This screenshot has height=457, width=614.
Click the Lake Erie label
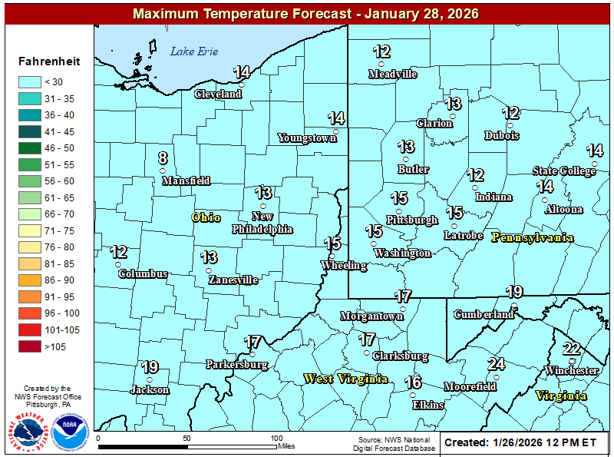coord(194,51)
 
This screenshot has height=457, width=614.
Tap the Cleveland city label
coord(218,94)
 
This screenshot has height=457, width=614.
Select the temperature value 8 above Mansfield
coord(163,158)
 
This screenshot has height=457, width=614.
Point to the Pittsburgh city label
coord(411,220)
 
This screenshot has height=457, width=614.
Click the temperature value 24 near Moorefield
coord(497,364)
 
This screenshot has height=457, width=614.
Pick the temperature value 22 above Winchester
coord(571,349)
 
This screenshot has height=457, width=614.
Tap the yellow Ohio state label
coord(206,217)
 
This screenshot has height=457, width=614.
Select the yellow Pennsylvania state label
coord(533,237)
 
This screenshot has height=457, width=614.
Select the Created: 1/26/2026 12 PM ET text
coord(520,442)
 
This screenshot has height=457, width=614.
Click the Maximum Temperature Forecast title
coord(305,14)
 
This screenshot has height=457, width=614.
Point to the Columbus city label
coord(142,273)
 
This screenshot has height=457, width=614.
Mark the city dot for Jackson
coord(150,379)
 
